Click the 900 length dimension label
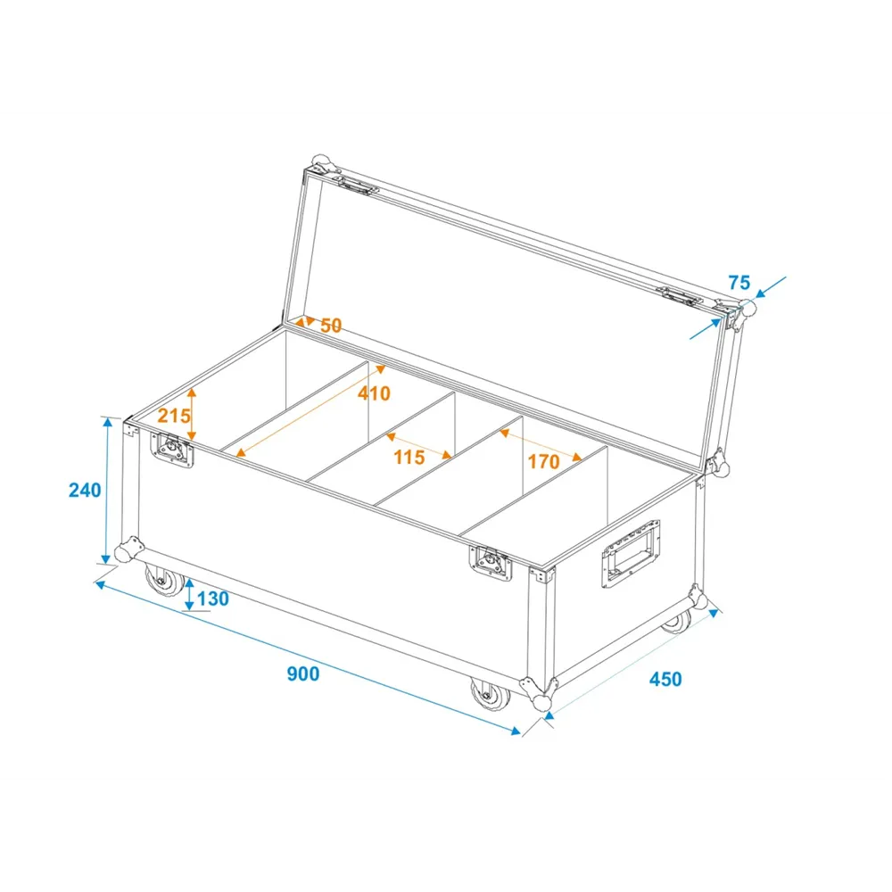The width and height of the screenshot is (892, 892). click(x=302, y=673)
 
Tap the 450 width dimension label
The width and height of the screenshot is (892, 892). click(x=665, y=679)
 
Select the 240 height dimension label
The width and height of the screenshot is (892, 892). click(x=85, y=490)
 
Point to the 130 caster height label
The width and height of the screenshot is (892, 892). click(x=213, y=599)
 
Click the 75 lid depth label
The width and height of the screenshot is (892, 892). click(x=739, y=282)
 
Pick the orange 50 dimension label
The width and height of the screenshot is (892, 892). click(x=331, y=326)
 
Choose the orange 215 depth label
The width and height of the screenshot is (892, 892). click(x=174, y=416)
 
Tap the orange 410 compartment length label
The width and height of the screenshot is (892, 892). click(x=374, y=393)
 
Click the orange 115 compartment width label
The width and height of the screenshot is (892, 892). click(x=409, y=457)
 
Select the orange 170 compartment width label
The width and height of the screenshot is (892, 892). click(x=544, y=461)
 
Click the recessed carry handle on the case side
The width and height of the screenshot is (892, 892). click(x=631, y=554)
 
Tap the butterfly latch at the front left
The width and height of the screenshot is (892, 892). click(x=172, y=450)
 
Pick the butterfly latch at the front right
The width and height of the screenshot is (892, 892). click(x=491, y=563)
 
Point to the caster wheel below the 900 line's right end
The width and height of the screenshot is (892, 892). click(x=491, y=695)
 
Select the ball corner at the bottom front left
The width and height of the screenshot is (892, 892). click(x=128, y=549)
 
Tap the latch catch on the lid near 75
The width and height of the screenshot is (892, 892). click(x=677, y=296)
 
